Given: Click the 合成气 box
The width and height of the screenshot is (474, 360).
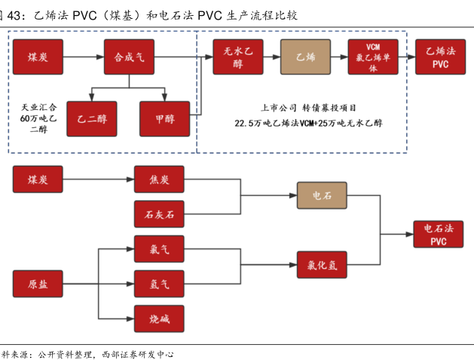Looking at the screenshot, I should (129, 56).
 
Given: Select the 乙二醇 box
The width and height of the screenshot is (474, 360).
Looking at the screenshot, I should (92, 118).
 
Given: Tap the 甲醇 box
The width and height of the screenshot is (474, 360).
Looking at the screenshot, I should (164, 118).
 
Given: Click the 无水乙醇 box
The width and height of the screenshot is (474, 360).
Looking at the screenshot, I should (238, 56).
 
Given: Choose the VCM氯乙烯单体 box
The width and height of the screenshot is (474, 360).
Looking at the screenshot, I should (373, 56).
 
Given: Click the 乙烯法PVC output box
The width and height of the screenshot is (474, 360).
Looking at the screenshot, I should (440, 56).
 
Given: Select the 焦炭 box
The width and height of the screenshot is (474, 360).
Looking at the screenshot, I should (159, 179).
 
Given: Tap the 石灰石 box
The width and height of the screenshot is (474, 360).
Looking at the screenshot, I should (159, 215).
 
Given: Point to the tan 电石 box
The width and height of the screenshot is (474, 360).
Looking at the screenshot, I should (322, 196).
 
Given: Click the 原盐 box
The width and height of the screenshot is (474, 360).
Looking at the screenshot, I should (38, 283).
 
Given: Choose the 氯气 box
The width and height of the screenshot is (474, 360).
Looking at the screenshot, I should (159, 249).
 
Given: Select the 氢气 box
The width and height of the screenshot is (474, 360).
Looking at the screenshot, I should (159, 283).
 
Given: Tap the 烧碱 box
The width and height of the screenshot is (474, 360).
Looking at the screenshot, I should (159, 319).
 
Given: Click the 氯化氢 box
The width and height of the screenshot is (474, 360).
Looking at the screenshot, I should (322, 264).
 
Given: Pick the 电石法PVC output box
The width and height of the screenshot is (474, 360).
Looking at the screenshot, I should (439, 234).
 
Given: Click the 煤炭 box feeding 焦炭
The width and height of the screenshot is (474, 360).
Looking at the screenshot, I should (38, 179).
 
